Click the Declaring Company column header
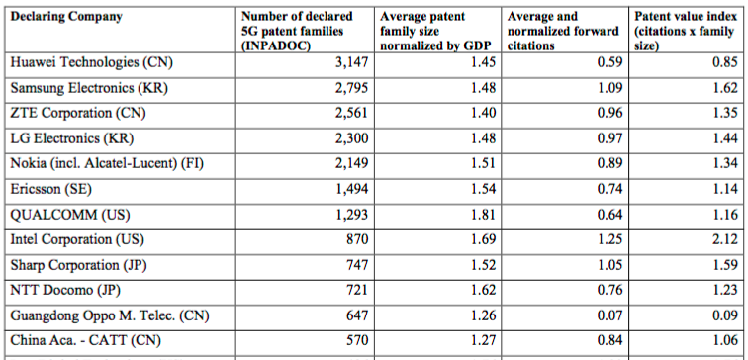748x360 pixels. (66, 17)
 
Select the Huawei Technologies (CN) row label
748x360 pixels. (92, 62)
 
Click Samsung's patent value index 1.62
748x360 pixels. (724, 88)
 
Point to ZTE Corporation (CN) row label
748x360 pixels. (78, 114)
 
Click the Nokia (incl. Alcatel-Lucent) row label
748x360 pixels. (107, 164)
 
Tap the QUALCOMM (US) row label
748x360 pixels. (70, 215)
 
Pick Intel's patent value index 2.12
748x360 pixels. (724, 239)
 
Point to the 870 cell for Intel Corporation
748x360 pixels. (357, 239)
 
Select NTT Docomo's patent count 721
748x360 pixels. (357, 290)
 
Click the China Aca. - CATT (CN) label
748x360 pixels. (86, 341)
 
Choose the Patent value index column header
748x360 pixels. (684, 31)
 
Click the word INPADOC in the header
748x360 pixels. (273, 47)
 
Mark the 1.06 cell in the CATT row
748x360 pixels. (724, 340)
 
